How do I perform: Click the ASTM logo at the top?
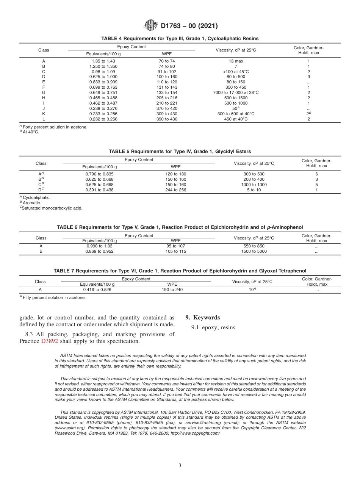pos(152,26)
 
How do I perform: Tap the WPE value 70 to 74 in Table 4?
pos(167,61)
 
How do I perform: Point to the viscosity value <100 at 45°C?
pos(236,71)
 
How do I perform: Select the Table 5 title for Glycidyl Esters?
pos(180,152)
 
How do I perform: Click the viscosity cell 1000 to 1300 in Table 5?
pos(254,185)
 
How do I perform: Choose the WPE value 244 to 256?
pos(175,190)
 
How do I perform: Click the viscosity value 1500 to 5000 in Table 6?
pos(254,251)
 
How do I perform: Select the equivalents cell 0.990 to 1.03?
pos(100,246)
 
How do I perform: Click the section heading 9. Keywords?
pos(202,318)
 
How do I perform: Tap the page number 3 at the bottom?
pos(180,466)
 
